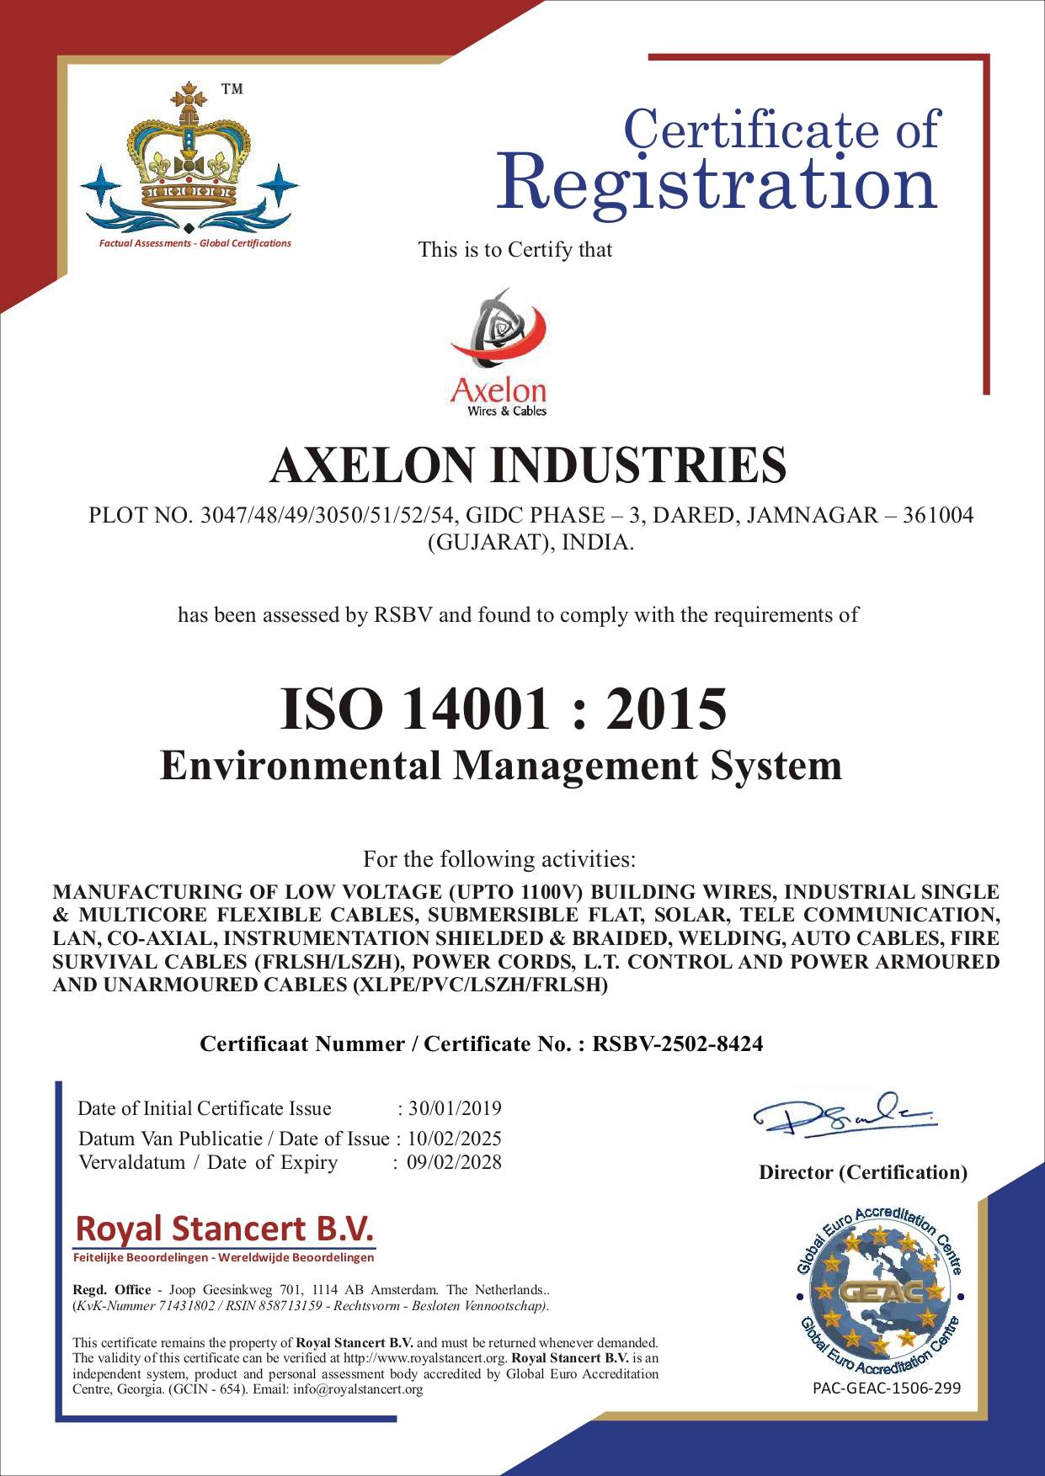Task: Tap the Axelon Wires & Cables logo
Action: tap(499, 353)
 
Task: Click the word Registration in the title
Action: tap(717, 183)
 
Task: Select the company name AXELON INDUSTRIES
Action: tap(528, 465)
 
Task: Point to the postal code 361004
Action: tap(938, 515)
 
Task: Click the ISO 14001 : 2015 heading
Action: tap(503, 708)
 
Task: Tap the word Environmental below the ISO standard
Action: tap(301, 766)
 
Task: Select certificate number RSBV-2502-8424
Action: tap(678, 1044)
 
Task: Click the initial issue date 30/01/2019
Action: tap(455, 1108)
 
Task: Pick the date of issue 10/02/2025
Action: tap(455, 1139)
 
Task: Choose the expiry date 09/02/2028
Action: tap(454, 1162)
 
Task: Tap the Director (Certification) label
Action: tap(863, 1172)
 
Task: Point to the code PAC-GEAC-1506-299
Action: tap(887, 1388)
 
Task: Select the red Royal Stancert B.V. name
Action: tap(224, 1229)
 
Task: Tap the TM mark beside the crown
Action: tap(232, 89)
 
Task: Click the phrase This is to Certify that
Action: tap(515, 250)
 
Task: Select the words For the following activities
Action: tap(499, 859)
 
